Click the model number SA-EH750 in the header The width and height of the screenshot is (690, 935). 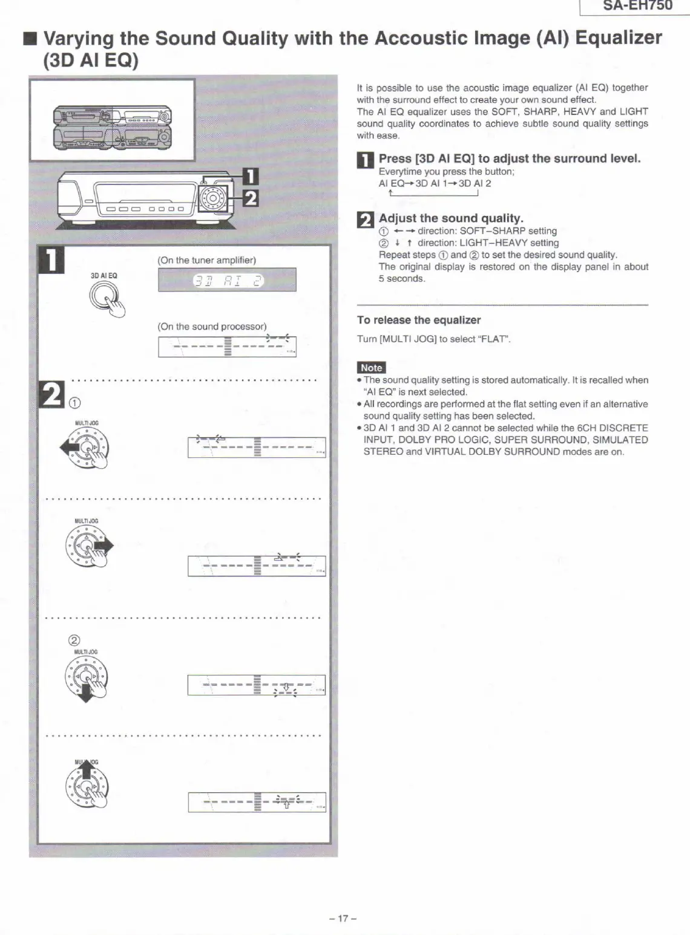point(637,6)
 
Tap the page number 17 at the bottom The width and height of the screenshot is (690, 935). point(343,918)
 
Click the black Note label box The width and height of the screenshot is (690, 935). point(371,368)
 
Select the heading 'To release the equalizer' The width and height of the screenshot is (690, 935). point(418,320)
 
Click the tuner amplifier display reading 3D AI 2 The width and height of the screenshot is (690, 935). point(227,280)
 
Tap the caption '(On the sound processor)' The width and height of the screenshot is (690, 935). point(212,327)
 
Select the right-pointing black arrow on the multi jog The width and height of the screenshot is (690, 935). point(107,546)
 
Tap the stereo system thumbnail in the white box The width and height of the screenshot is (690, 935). point(112,127)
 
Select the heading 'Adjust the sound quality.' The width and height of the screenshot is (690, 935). point(451,218)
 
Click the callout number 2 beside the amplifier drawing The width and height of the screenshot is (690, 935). point(250,198)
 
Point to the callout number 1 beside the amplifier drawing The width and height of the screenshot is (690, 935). point(250,176)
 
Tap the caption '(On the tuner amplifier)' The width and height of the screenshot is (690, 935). point(206,260)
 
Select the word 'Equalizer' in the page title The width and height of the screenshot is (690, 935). point(618,37)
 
